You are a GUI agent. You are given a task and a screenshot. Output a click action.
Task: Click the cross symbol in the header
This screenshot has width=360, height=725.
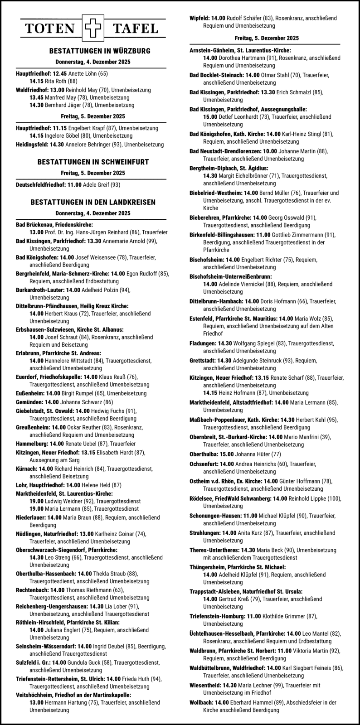(93, 29)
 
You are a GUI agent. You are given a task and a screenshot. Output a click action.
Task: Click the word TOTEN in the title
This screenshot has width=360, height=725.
(49, 29)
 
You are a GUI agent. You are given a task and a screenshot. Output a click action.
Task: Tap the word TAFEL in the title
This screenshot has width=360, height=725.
(136, 29)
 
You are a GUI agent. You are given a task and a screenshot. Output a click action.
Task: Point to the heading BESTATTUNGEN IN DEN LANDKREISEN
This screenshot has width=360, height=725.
(93, 202)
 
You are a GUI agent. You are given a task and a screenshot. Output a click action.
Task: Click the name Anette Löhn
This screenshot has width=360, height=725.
(83, 73)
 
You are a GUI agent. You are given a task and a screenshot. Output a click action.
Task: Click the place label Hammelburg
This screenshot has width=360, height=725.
(32, 444)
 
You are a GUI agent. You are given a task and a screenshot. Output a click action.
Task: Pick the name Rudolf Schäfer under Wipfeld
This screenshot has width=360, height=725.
(244, 18)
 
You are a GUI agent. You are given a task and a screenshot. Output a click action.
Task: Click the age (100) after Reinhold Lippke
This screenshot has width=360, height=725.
(334, 498)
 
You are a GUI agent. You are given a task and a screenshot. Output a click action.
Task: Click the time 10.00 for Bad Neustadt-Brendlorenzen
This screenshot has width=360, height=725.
(269, 152)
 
